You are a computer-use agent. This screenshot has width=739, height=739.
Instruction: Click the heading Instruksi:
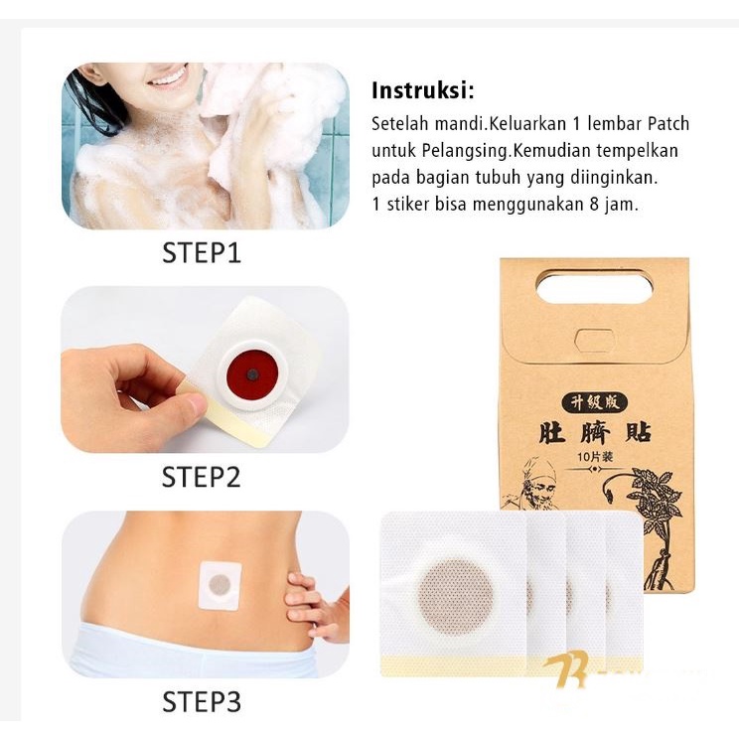pyautogui.click(x=423, y=91)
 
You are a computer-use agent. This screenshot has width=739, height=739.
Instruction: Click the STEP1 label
pyautogui.click(x=202, y=253)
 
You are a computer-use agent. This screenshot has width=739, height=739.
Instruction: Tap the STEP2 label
pyautogui.click(x=202, y=478)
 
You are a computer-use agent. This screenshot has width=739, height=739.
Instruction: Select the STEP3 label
pyautogui.click(x=202, y=703)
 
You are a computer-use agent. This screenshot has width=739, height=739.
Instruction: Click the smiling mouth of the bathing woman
pyautogui.click(x=168, y=77)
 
